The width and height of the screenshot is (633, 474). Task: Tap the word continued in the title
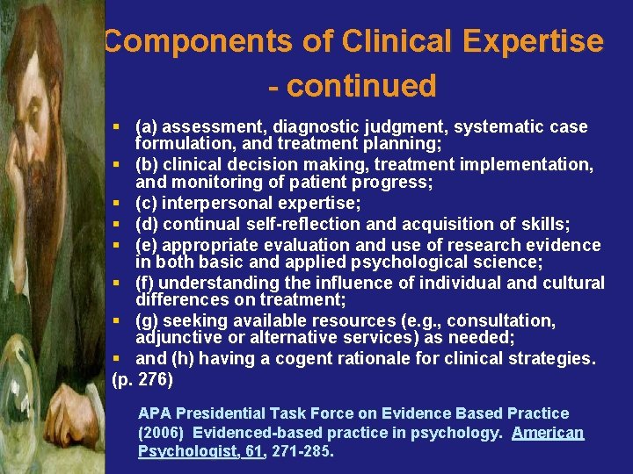click(x=361, y=86)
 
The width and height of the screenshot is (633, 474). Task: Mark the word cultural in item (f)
click(x=573, y=283)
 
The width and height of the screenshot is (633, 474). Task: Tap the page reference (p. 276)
click(x=142, y=379)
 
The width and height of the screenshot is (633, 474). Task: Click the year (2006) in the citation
click(x=162, y=432)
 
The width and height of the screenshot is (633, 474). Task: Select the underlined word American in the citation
click(x=548, y=432)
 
